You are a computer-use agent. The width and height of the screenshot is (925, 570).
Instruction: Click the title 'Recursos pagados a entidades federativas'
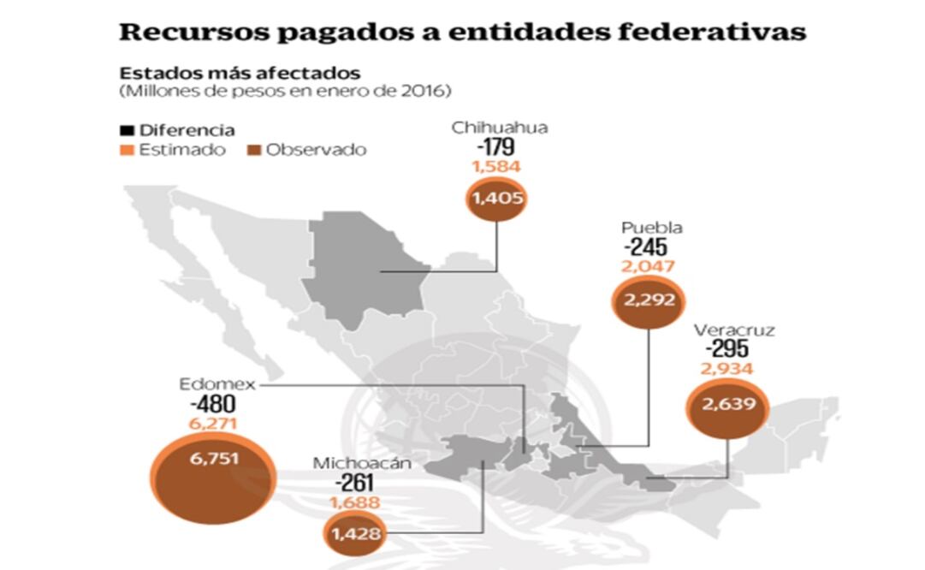point(461,32)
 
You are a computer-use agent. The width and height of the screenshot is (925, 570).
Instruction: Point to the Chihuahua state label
point(500,128)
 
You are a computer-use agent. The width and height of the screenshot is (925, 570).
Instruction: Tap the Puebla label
point(651,228)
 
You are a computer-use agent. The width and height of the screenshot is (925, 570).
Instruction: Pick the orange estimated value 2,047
point(650,266)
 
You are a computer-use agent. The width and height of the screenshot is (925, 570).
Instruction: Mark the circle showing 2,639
point(728,404)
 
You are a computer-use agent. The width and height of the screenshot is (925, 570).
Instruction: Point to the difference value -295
point(727,349)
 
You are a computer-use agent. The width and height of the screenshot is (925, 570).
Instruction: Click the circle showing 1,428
point(354,535)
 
